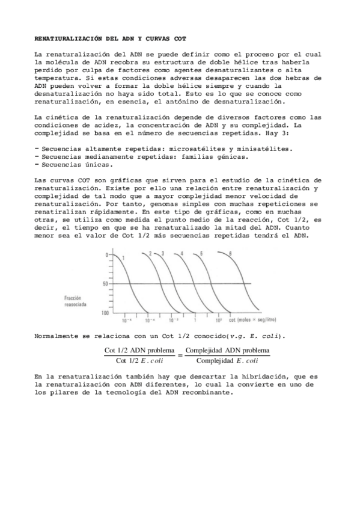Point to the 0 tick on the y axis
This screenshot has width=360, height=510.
click(106, 255)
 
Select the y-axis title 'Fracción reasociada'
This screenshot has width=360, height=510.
click(77, 301)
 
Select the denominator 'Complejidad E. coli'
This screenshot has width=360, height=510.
click(228, 361)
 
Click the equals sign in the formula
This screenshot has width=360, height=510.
click(179, 355)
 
